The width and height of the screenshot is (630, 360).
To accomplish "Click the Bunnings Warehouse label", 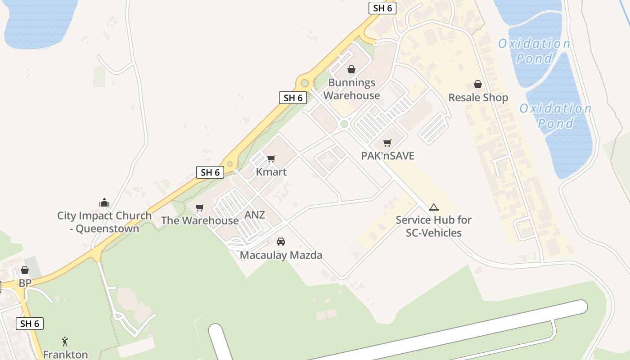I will click(x=351, y=89).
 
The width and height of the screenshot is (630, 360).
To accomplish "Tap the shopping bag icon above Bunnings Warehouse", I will click(x=351, y=69).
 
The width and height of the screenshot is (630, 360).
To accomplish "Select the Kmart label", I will click(x=271, y=172).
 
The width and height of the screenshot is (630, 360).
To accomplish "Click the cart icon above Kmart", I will click(x=271, y=158).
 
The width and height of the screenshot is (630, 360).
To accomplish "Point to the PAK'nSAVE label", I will click(x=387, y=156).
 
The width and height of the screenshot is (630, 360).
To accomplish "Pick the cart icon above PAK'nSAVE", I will click(x=387, y=143).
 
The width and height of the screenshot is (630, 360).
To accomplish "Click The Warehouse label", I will click(x=200, y=220).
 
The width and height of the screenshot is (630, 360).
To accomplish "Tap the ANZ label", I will click(x=255, y=215).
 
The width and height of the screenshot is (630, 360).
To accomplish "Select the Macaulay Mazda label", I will click(x=281, y=255).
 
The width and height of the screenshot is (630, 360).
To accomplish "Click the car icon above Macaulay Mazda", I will click(x=281, y=242).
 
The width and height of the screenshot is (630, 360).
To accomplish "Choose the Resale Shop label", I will click(x=478, y=98).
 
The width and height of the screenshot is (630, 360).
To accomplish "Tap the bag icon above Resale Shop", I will click(x=478, y=84).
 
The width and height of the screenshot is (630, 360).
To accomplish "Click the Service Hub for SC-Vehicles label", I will click(x=434, y=226).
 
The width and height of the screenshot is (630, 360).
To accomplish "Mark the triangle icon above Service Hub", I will click(x=434, y=207).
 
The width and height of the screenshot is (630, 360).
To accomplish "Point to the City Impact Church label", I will click(x=104, y=222).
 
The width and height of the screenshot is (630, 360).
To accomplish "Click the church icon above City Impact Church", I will click(x=104, y=203).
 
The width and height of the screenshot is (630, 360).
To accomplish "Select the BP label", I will click(x=25, y=283).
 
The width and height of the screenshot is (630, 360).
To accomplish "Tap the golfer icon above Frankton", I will click(x=65, y=342).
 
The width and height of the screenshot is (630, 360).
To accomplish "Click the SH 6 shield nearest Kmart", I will click(x=210, y=172).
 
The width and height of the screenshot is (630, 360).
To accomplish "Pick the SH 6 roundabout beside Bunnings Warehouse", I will click(x=305, y=83).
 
